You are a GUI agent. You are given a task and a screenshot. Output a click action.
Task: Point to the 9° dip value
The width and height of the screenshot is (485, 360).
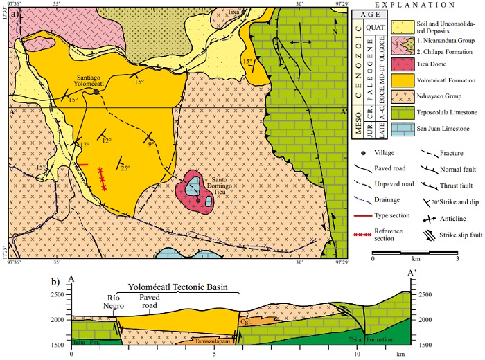tap(151, 144)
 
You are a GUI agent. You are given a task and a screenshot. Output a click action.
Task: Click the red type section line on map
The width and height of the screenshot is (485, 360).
tap(82, 164)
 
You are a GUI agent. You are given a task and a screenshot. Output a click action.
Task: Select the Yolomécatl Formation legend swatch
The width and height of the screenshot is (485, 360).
tap(379, 98)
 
